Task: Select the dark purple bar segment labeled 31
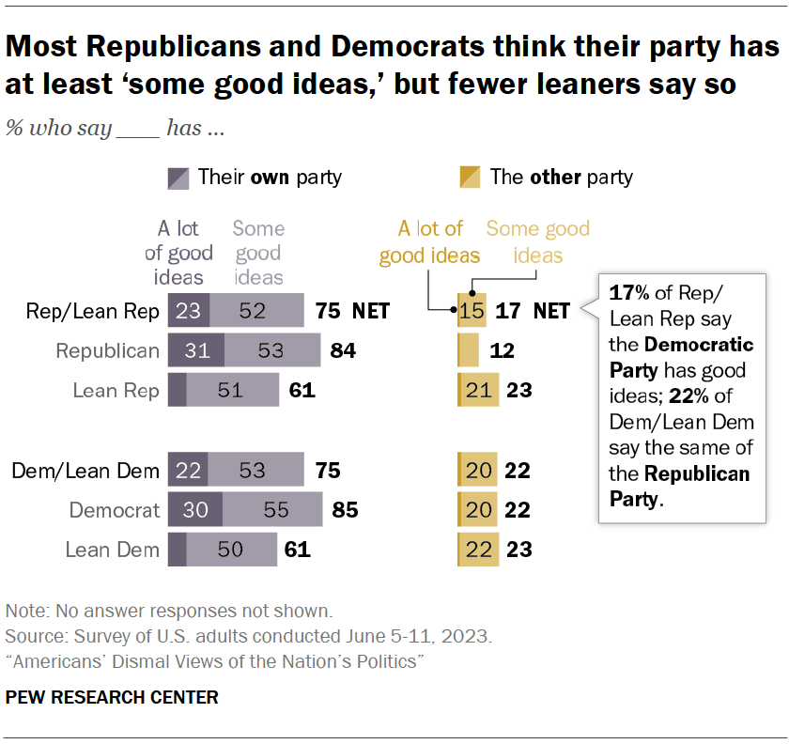point(195,350)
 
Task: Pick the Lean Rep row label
point(116,390)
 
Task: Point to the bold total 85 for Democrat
point(345,510)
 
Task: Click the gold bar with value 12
point(467,350)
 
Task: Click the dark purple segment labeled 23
point(188,311)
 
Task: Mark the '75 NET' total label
point(352,311)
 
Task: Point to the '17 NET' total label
point(533,311)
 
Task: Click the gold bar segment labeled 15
point(472,311)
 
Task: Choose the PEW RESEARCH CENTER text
point(112,697)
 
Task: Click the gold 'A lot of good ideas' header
point(430,242)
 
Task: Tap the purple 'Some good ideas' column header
point(258,252)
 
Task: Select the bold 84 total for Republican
point(345,350)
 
